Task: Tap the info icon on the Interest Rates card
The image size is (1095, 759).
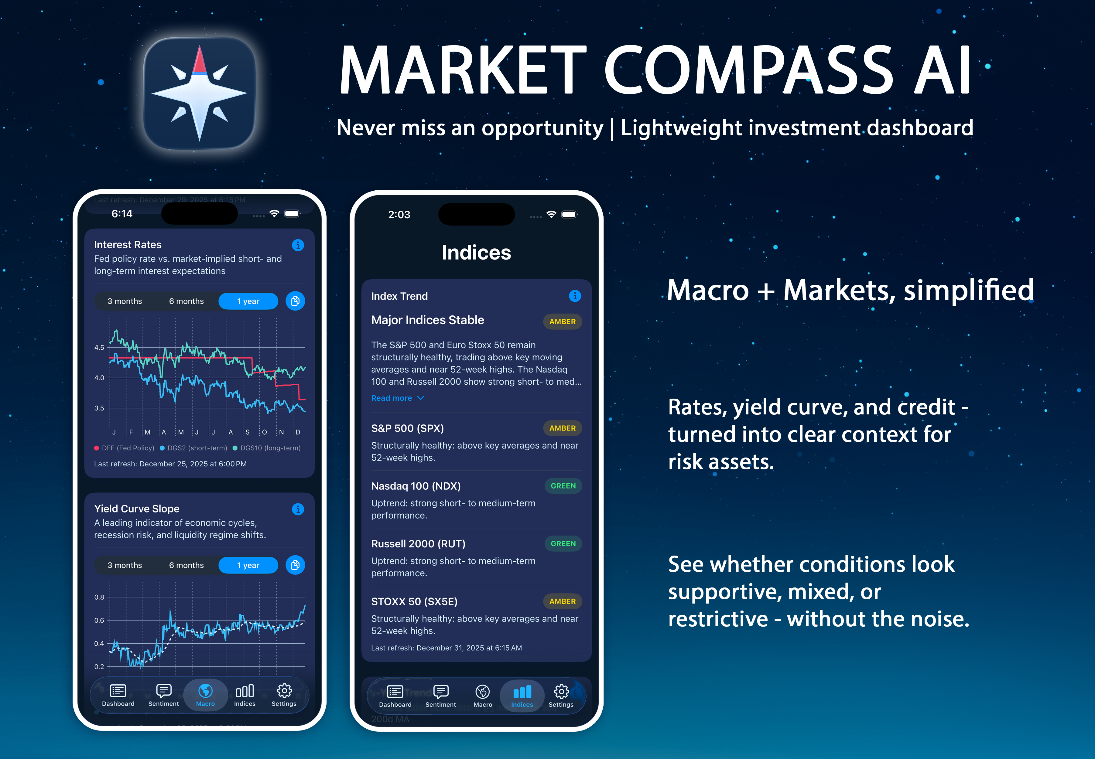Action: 298,245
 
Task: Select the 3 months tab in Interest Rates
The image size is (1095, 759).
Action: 125,301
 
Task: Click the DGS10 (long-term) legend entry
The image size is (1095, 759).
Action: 267,448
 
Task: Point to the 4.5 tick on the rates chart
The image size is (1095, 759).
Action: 99,348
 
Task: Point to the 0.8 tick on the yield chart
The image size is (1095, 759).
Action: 99,597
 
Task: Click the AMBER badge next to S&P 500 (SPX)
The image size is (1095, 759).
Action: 562,428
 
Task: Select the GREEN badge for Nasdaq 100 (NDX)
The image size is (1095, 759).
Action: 563,486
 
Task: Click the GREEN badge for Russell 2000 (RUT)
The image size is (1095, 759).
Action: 563,543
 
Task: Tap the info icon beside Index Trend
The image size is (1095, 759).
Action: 575,296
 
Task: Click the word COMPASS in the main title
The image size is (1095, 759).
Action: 749,71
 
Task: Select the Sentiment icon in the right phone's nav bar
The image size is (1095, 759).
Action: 440,692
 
